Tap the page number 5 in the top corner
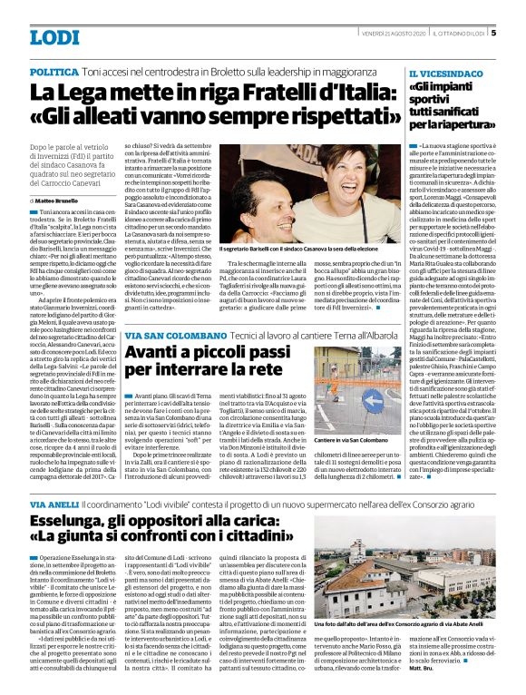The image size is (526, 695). click(493, 34)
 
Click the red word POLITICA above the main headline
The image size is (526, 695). click(54, 71)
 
